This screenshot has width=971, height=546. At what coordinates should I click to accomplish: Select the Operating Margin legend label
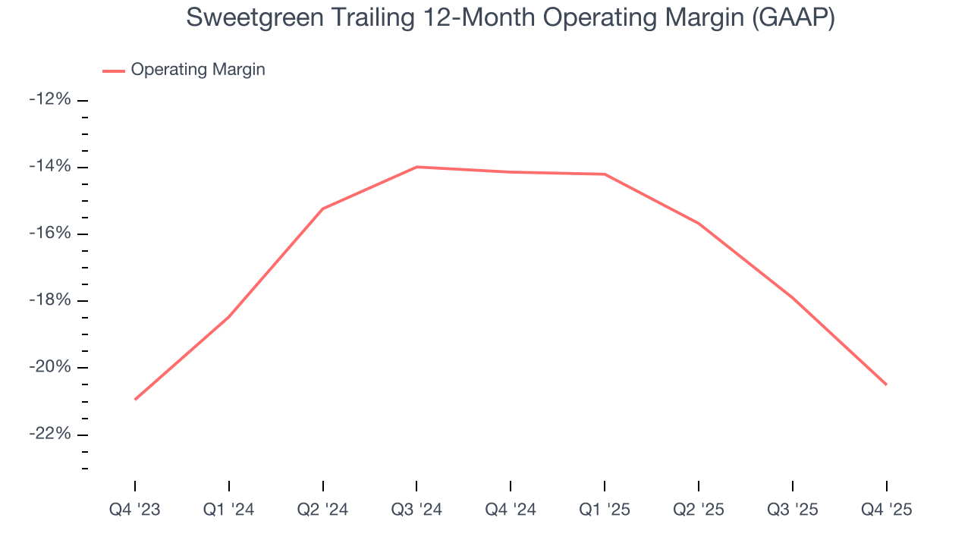198,70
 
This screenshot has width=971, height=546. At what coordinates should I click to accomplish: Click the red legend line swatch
114,71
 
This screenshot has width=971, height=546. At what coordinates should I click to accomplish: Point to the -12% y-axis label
49,100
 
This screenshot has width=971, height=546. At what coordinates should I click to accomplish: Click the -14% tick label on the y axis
49,167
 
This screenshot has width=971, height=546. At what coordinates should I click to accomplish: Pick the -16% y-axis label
49,234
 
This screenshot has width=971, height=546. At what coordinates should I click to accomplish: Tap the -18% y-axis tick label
49,300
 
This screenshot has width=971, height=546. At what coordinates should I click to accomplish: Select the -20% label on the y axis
49,367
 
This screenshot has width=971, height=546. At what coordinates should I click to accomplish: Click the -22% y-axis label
49,434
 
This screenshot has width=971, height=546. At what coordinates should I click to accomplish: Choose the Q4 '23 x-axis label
135,510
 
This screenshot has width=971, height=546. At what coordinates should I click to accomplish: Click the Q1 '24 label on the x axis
229,510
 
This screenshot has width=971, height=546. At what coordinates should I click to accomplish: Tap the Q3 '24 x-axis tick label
416,510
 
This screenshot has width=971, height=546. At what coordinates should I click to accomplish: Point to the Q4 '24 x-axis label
511,510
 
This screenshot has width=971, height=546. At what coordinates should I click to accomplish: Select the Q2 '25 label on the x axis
699,510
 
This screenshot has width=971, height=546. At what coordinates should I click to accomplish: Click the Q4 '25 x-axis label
886,510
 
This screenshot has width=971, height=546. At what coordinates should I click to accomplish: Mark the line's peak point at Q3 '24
416,167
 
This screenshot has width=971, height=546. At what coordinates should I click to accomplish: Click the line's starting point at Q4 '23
135,399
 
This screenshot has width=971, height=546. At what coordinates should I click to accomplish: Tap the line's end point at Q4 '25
886,384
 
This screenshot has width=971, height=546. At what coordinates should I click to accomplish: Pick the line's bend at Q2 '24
323,209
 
